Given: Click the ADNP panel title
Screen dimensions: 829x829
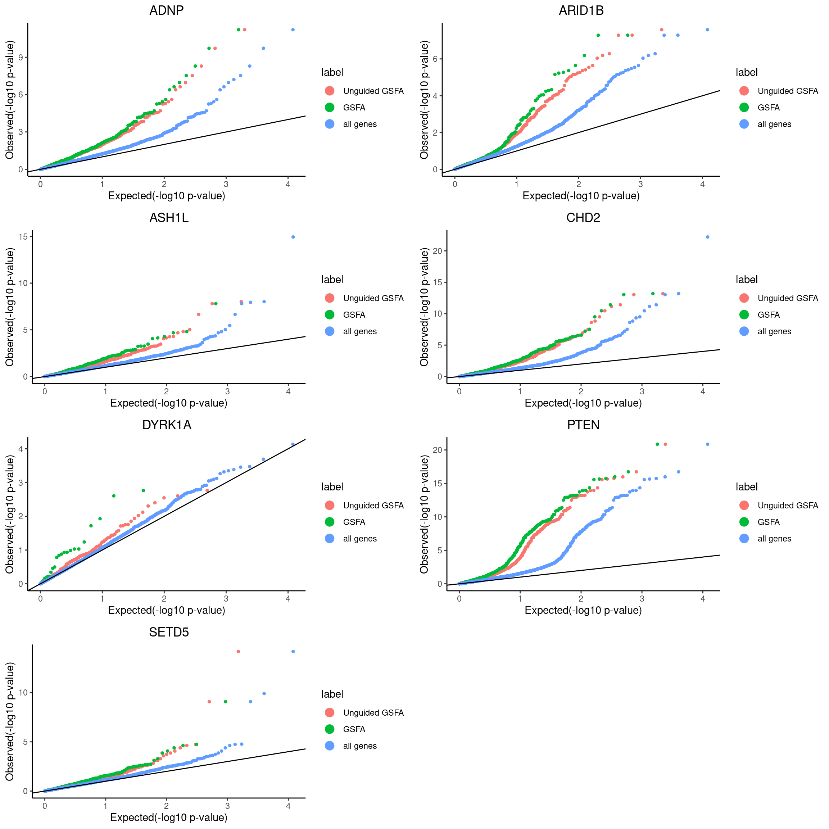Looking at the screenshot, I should pyautogui.click(x=167, y=10).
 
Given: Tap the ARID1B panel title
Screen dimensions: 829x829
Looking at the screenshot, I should pyautogui.click(x=581, y=10).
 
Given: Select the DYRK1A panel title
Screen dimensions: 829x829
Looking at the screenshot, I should pyautogui.click(x=167, y=425).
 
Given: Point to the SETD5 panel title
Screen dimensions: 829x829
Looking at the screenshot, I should pyautogui.click(x=169, y=632).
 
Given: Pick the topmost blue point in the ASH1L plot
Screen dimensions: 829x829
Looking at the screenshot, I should pyautogui.click(x=293, y=237).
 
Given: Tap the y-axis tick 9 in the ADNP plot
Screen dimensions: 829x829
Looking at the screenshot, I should pyautogui.click(x=20, y=58).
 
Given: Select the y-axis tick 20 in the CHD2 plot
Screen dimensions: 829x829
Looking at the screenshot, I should pyautogui.click(x=437, y=251).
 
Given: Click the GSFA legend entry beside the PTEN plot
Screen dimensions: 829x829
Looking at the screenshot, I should pyautogui.click(x=768, y=522).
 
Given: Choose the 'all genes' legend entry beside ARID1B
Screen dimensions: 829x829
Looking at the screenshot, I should pyautogui.click(x=774, y=124).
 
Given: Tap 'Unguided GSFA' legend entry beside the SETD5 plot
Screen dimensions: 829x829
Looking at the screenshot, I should pyautogui.click(x=373, y=713).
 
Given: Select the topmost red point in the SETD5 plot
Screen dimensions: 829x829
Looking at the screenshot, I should pyautogui.click(x=238, y=651).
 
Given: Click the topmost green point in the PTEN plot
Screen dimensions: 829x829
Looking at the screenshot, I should pyautogui.click(x=657, y=444).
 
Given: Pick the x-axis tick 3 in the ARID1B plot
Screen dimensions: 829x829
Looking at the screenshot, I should pyautogui.click(x=640, y=185).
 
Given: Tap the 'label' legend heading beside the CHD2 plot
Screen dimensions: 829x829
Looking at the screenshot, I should pyautogui.click(x=747, y=280).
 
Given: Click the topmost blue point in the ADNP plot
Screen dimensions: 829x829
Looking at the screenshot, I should pyautogui.click(x=293, y=30).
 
